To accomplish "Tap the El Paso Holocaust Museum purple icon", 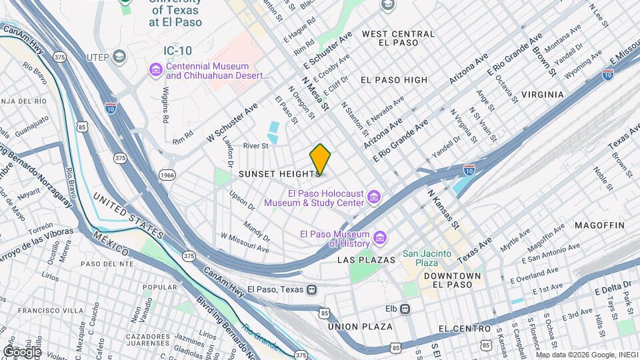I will tap(374, 197).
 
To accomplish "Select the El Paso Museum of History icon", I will tap(380, 238).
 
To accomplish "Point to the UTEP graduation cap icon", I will tap(120, 55).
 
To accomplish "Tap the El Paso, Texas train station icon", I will tap(311, 289).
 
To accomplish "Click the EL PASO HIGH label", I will tap(393, 80).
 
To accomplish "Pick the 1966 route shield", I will tap(168, 175).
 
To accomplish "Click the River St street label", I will tap(255, 145).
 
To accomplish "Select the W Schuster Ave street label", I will tap(231, 119).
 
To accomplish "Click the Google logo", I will tap(22, 351).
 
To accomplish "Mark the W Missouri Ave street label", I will tap(245, 243).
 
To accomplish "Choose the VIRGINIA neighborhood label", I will tap(542, 95).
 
